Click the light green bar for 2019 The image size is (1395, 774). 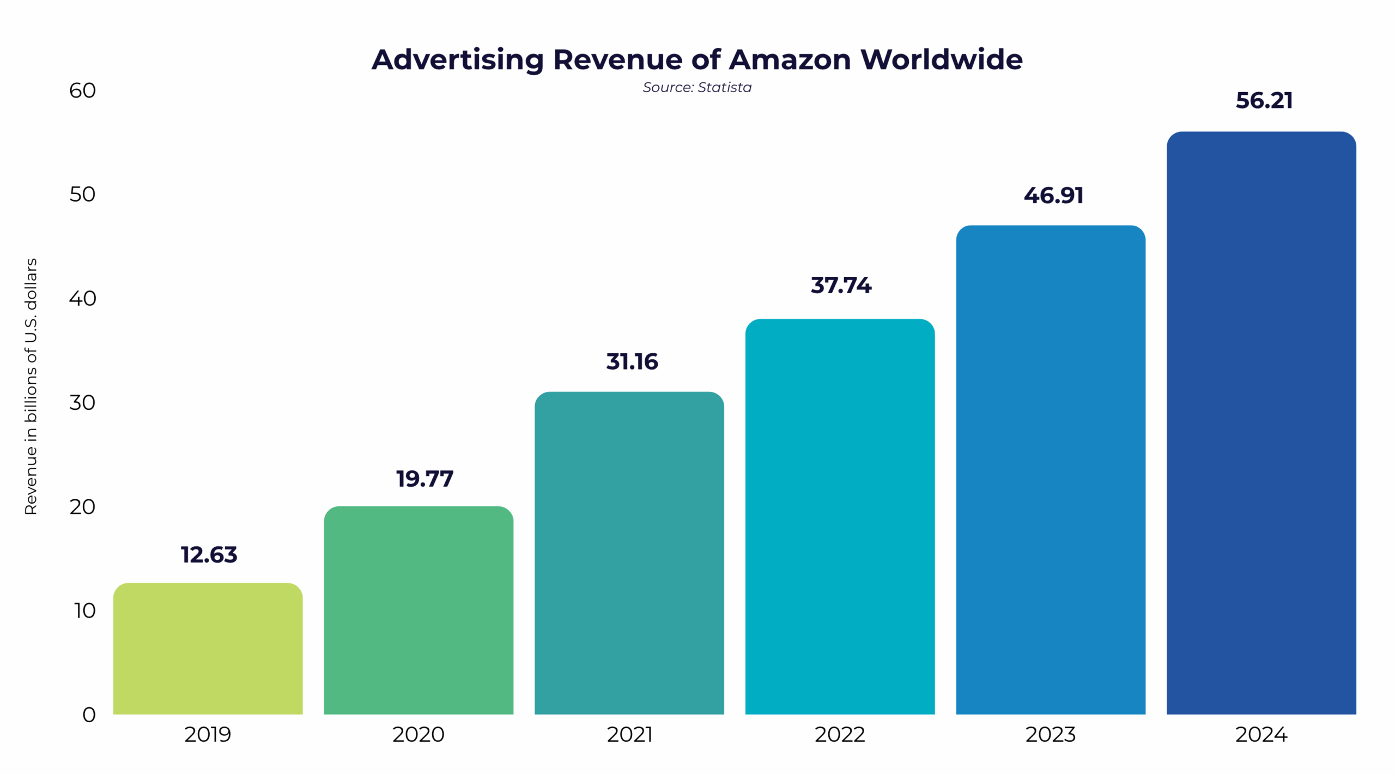point(208,649)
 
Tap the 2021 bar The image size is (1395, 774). point(629,553)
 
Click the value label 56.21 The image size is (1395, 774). point(1263,101)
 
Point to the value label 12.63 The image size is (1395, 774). point(209,555)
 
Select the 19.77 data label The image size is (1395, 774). point(424,479)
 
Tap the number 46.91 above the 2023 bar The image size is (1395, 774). point(1053,196)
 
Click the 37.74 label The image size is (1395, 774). point(840,286)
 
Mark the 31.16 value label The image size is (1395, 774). point(632,362)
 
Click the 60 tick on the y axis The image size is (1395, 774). point(82,90)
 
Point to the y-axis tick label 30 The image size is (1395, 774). point(82,403)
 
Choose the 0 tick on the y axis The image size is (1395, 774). point(89,715)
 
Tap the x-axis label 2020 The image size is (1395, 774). point(418,735)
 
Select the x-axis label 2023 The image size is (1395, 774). point(1050,735)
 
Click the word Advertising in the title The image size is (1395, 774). point(457,59)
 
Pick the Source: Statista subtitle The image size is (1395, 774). point(696,87)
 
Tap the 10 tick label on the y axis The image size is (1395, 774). point(84,610)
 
